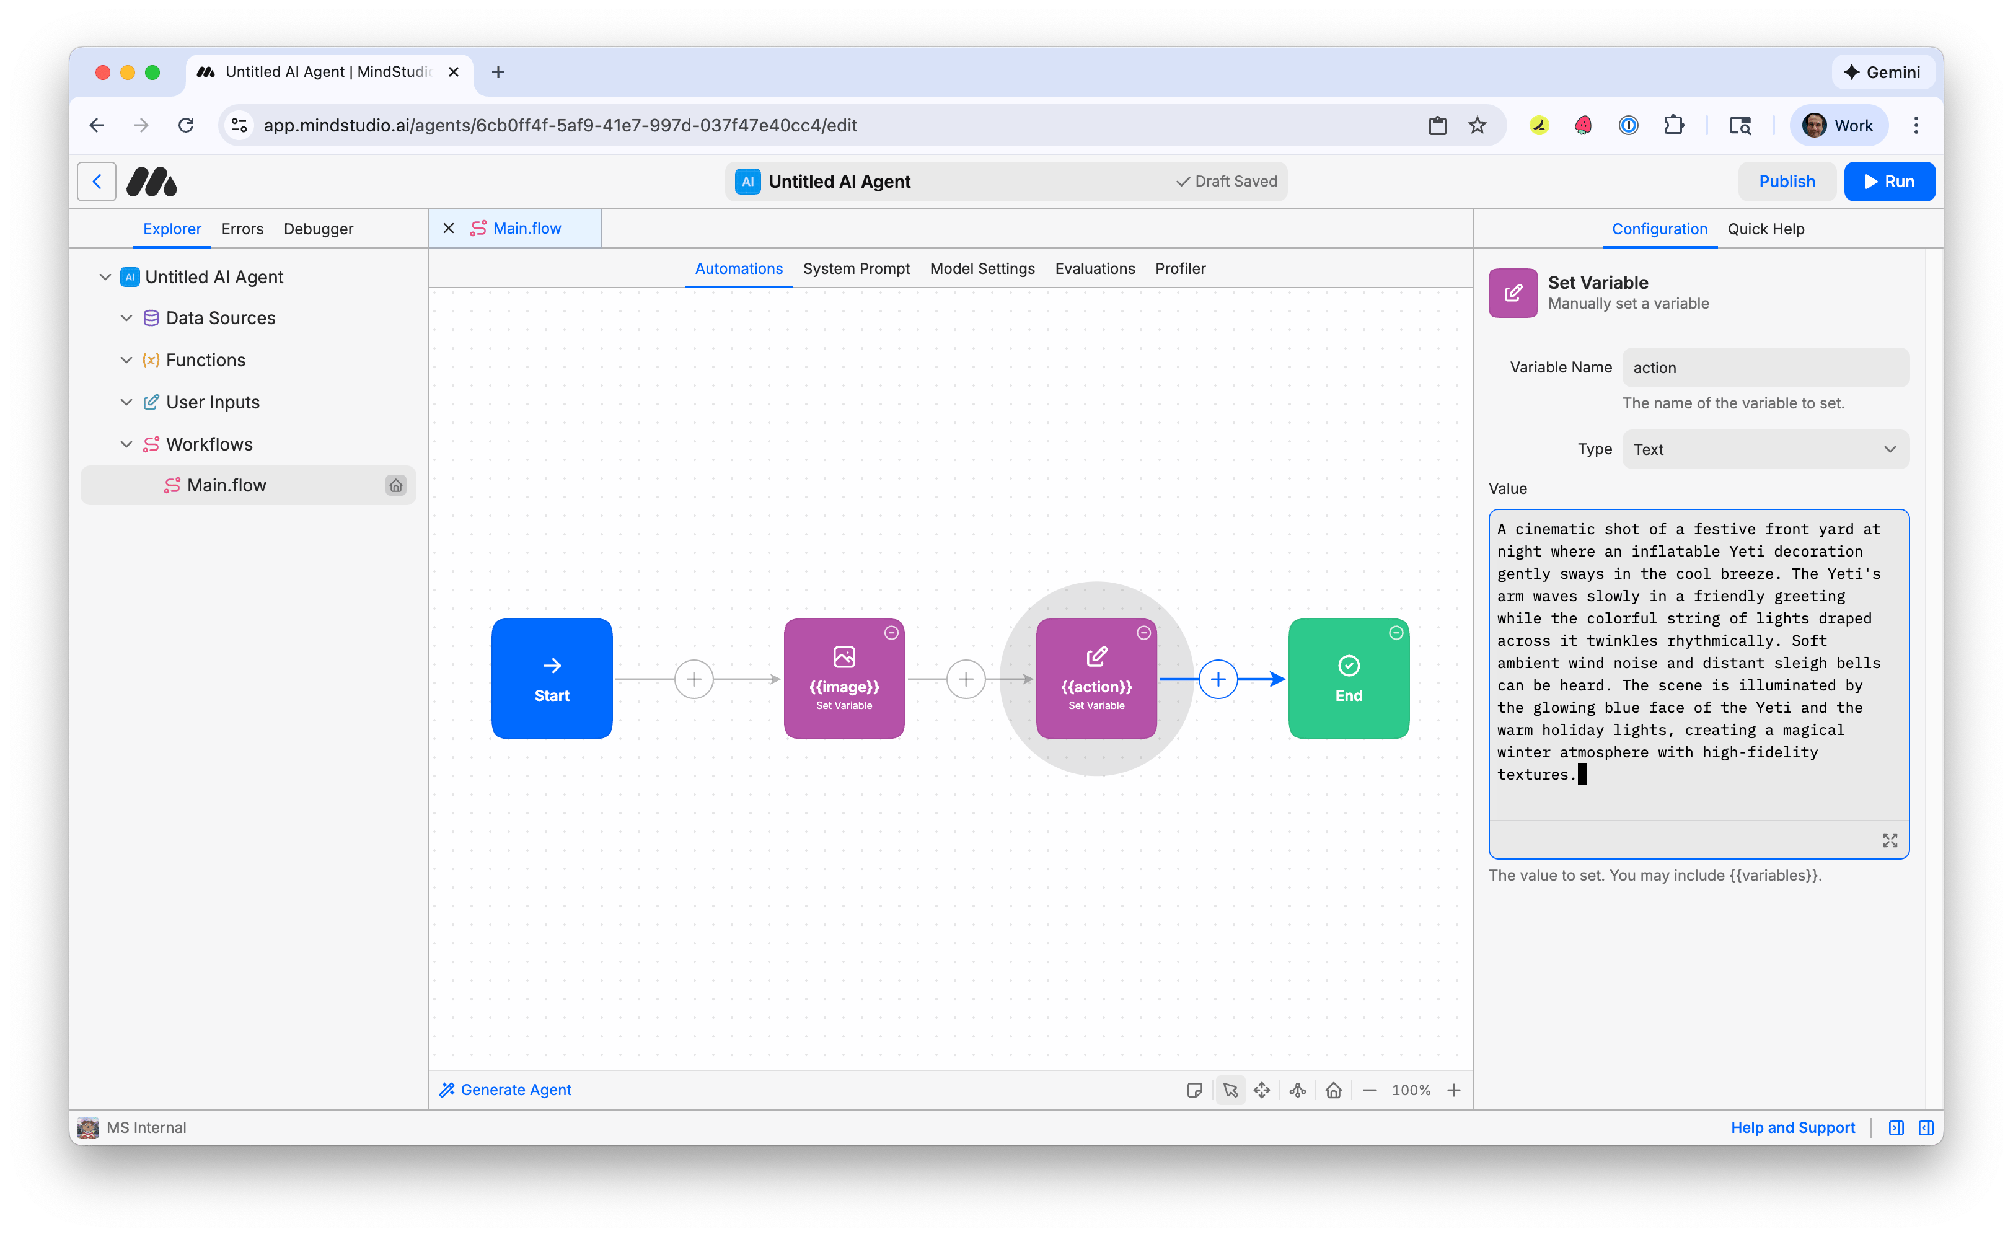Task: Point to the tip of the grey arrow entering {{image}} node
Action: (781, 679)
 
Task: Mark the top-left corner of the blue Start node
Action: (493, 619)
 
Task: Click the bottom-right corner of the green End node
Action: (1409, 739)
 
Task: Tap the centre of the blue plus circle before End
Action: (1218, 679)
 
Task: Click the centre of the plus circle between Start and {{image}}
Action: (694, 679)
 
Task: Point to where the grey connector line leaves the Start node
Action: (614, 679)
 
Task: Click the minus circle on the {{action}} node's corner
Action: (1143, 632)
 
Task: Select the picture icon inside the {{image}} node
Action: (844, 656)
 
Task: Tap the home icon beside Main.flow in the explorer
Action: (396, 485)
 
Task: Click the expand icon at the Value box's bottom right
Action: (1890, 840)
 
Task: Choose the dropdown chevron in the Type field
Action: (1890, 449)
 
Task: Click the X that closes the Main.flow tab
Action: (448, 228)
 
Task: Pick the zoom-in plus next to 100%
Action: (1453, 1090)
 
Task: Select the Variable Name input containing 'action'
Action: (1765, 368)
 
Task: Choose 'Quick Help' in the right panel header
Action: (1765, 229)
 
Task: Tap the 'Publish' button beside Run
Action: (1786, 182)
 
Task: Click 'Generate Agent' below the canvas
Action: (506, 1090)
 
